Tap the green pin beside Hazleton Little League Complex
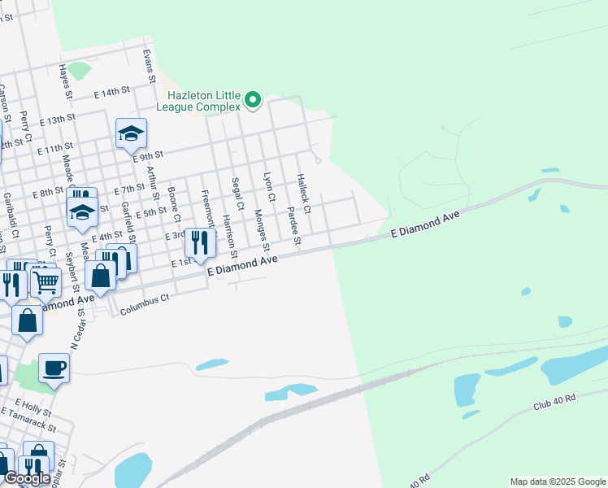tap(253, 100)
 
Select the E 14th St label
tap(112, 94)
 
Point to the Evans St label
tap(148, 66)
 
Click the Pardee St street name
tap(293, 225)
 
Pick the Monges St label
tap(260, 230)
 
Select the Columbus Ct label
tap(144, 305)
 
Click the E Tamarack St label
tap(29, 420)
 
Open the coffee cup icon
tap(54, 368)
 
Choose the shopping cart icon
tap(46, 281)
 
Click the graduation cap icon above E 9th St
tap(131, 133)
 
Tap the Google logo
tap(27, 478)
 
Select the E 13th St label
tap(56, 120)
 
